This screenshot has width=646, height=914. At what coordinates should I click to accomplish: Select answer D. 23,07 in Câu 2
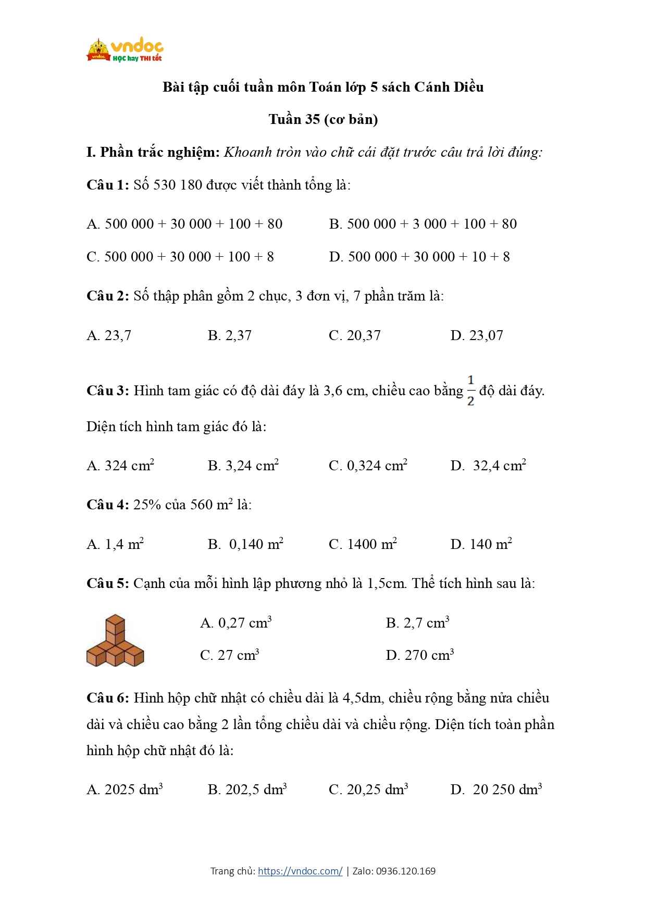click(x=477, y=335)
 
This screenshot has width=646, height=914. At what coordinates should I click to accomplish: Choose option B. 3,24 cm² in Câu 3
click(x=243, y=466)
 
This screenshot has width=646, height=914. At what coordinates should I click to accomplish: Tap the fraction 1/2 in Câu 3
click(x=470, y=391)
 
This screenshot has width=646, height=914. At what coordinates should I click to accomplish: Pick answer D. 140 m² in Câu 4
click(x=481, y=544)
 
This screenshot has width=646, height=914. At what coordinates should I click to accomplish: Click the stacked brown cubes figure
click(x=115, y=641)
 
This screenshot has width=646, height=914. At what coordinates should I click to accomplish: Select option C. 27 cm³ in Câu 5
click(x=230, y=655)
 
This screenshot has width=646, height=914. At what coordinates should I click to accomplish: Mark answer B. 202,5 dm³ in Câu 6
click(x=247, y=790)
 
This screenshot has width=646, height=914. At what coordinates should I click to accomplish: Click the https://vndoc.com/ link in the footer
click(x=300, y=871)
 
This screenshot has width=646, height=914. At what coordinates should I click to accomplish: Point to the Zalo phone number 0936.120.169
click(x=405, y=871)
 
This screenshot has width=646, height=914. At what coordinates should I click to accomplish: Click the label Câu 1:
click(x=107, y=185)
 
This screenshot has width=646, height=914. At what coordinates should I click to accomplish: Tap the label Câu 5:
click(x=107, y=583)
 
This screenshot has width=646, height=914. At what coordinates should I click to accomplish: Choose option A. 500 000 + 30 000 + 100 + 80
click(x=184, y=224)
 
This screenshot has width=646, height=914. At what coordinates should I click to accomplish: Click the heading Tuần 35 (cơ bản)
click(x=323, y=119)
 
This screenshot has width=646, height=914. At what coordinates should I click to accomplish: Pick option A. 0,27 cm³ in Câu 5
click(x=236, y=623)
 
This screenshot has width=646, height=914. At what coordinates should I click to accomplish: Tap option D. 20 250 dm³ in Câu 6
click(x=496, y=790)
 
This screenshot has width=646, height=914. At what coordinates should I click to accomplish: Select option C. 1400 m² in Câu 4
click(x=363, y=544)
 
